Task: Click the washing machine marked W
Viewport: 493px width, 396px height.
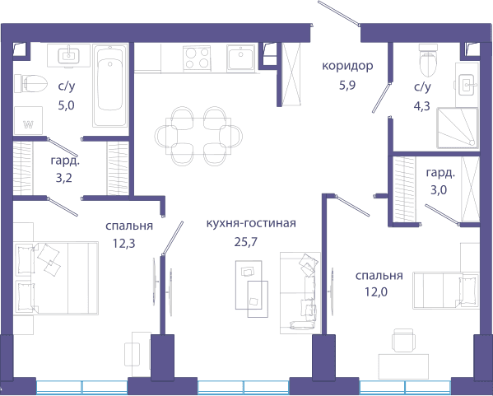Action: pos(28,120)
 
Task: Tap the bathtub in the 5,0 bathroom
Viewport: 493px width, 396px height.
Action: pos(110,86)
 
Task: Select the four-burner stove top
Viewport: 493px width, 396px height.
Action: pos(198,58)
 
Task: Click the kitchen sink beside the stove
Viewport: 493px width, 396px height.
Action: pos(241,58)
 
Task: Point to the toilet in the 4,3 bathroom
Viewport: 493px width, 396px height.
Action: pos(428,60)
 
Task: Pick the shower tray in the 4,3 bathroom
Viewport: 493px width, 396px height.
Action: pos(458,128)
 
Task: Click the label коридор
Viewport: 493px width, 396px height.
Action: pos(347,66)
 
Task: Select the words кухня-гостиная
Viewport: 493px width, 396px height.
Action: pos(251,223)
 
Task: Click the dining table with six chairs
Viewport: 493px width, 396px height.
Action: pos(198,136)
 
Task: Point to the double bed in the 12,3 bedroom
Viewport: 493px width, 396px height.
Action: pos(56,278)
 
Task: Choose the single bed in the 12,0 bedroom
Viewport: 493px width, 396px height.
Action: pos(446,291)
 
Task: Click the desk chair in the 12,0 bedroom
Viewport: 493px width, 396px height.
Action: pos(403,340)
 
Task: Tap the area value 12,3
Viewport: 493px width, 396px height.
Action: pos(124,243)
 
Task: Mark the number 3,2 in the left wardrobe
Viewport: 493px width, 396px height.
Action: pos(64,178)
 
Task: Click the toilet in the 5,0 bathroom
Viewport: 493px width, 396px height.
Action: pos(30,83)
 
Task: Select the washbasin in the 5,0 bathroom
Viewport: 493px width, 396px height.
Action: pos(68,56)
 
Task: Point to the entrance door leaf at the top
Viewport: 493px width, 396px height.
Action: pos(338,13)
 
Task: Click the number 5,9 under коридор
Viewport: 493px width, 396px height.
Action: pos(347,85)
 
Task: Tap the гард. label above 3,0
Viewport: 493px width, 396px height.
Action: pos(440,174)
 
